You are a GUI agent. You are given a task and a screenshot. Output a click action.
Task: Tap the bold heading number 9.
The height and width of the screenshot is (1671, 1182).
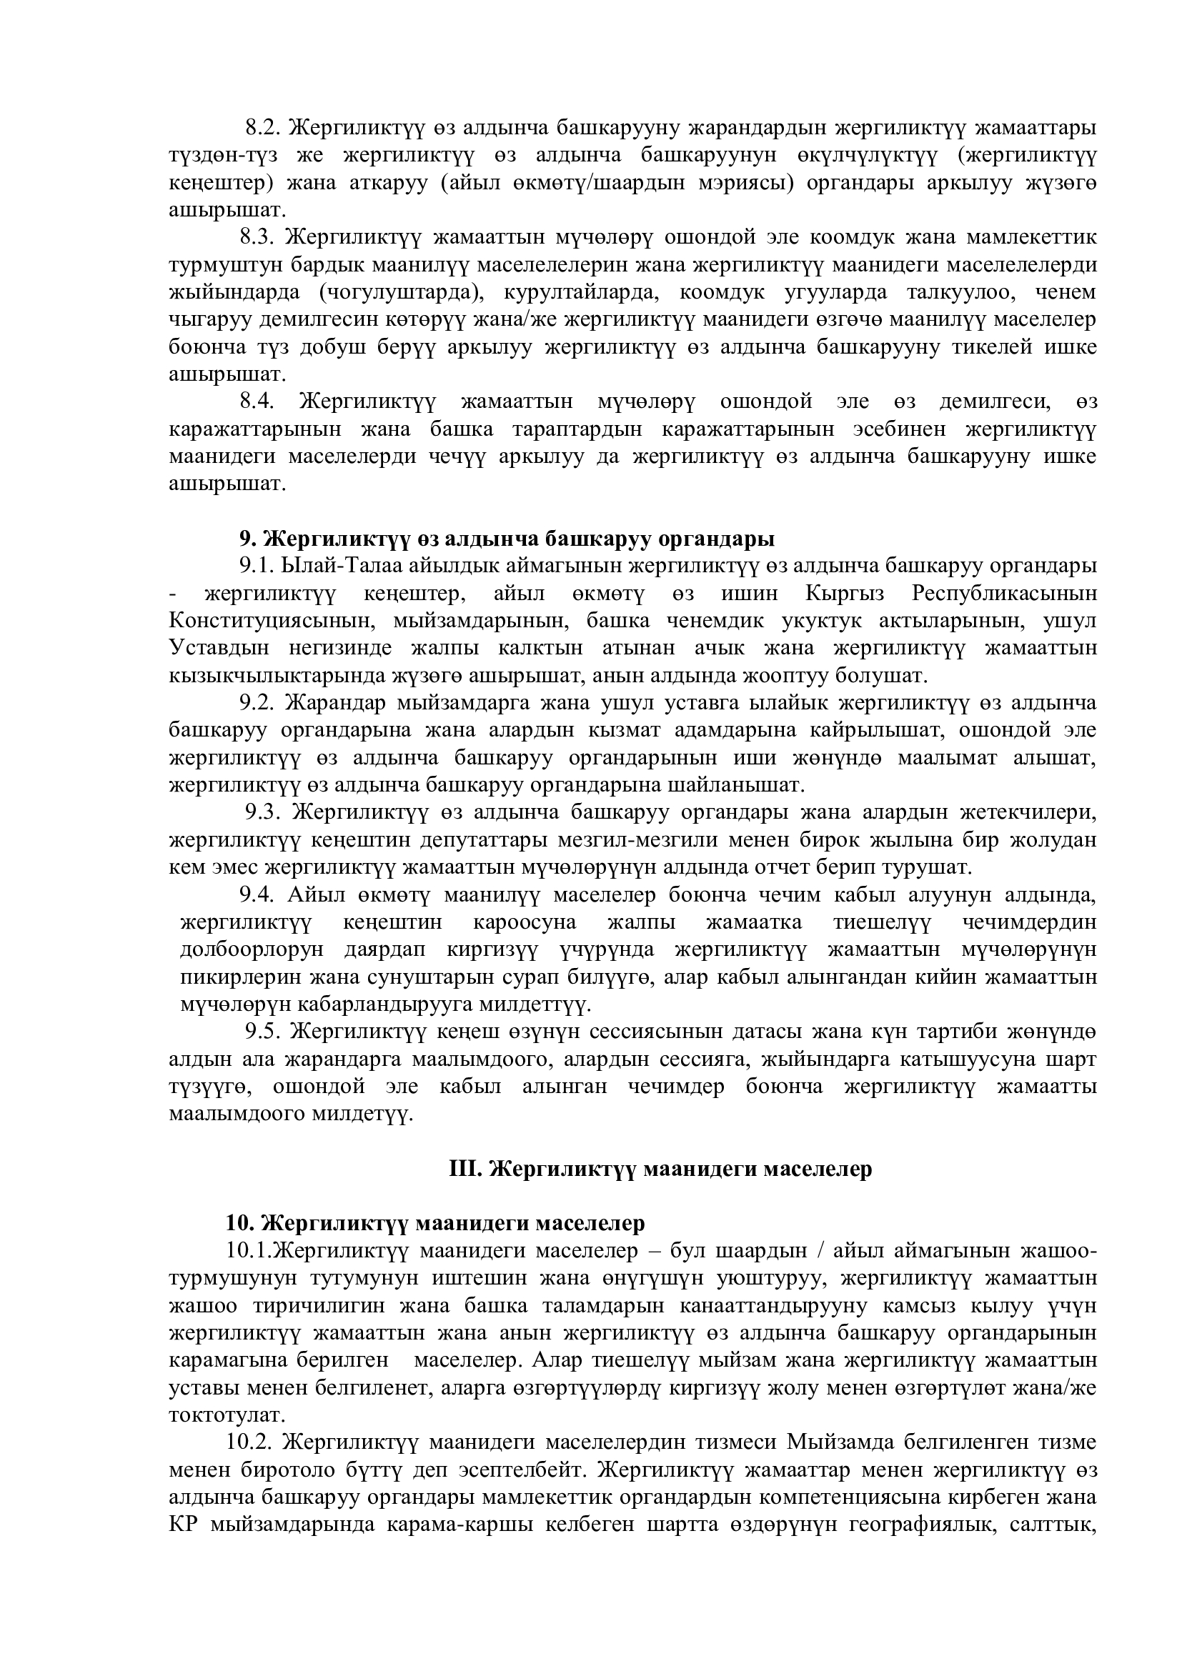(x=246, y=539)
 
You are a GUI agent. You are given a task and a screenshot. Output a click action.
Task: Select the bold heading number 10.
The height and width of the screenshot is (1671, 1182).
(x=239, y=1223)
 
